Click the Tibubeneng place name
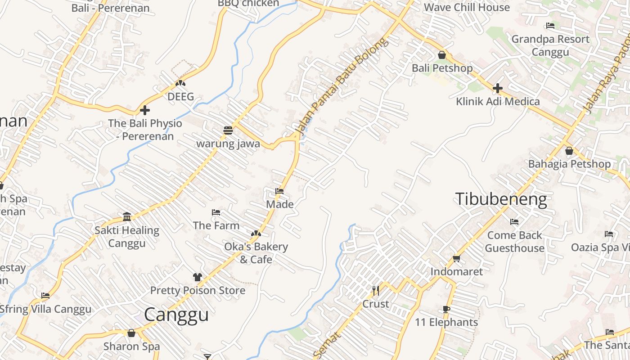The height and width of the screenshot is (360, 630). click(x=501, y=199)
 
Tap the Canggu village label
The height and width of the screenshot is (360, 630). click(x=176, y=315)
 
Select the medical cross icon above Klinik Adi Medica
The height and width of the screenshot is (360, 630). click(x=497, y=88)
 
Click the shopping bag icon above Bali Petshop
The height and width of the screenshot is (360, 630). click(x=442, y=55)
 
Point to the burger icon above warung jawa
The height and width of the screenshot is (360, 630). click(x=228, y=130)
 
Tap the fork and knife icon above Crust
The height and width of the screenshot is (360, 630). click(x=376, y=291)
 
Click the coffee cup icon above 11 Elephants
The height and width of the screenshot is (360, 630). click(x=446, y=309)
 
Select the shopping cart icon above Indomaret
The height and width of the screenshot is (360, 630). click(x=456, y=258)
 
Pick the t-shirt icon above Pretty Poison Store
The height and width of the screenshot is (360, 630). click(x=198, y=277)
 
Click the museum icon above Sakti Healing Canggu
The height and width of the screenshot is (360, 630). click(x=127, y=217)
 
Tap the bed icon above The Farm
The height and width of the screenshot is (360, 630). click(x=216, y=212)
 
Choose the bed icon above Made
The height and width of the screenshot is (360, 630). click(x=279, y=191)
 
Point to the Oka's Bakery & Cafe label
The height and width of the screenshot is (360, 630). click(x=256, y=253)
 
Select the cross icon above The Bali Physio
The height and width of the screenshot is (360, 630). click(x=145, y=110)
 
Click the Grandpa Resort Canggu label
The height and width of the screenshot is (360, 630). click(x=550, y=45)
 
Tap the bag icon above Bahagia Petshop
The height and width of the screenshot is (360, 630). click(x=569, y=151)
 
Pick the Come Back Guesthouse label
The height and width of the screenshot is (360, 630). click(x=514, y=242)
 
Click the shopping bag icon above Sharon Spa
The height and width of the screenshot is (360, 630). click(x=131, y=333)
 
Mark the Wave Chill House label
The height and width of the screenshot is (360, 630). click(x=467, y=7)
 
